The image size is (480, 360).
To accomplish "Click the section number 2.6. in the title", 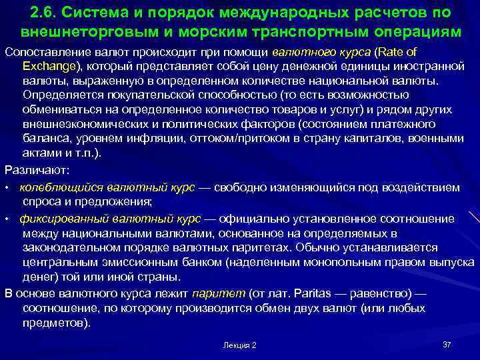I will (x=45, y=13).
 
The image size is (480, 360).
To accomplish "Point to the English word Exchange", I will (x=48, y=66).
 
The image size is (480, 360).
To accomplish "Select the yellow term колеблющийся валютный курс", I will (x=107, y=188).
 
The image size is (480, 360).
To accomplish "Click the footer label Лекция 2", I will (x=239, y=345).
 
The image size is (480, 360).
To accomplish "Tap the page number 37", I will (x=447, y=344).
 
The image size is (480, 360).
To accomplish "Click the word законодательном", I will (x=67, y=247).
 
